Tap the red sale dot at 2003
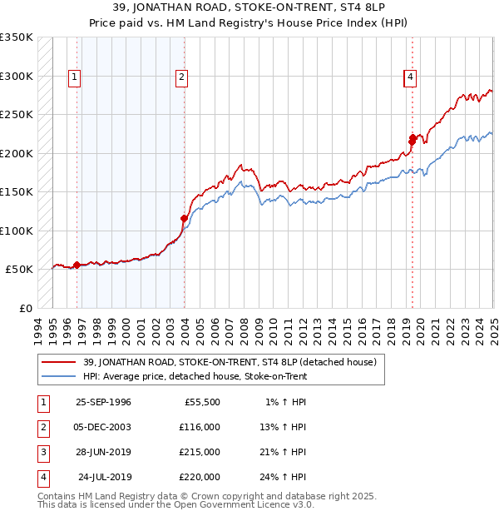[185, 219]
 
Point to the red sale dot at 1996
[77, 265]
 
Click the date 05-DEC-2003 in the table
[103, 427]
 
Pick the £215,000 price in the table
[200, 452]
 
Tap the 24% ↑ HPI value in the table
[286, 477]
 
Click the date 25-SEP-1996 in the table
[103, 402]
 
